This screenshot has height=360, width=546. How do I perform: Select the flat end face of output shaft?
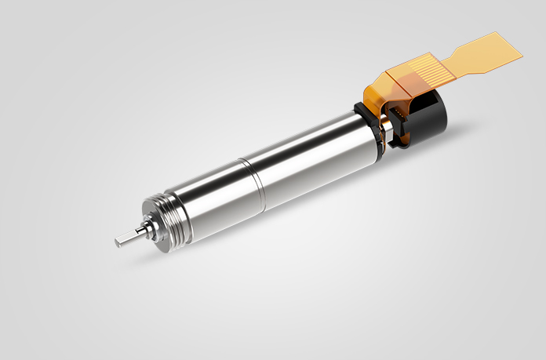pos(116,240)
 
